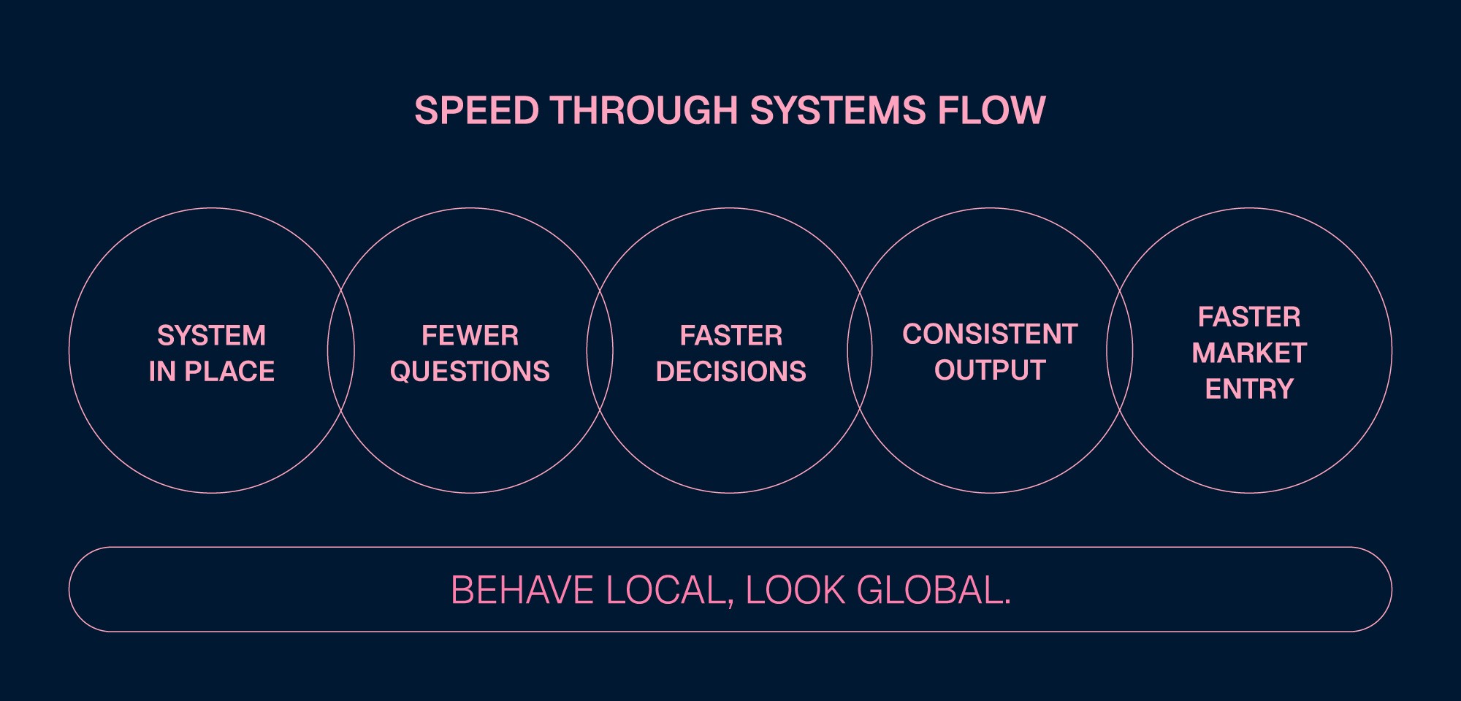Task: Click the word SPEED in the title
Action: coord(476,111)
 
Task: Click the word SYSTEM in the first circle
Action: coord(212,336)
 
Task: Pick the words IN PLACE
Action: coord(212,372)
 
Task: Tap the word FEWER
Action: coord(470,336)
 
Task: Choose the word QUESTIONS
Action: coord(470,372)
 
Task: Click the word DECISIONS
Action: coord(730,372)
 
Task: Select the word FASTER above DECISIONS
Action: coord(730,336)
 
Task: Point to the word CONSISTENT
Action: coord(990,334)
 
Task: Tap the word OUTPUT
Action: coord(990,370)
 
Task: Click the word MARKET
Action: coord(1249,353)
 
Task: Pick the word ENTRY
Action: coord(1249,389)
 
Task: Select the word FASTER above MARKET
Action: coord(1249,317)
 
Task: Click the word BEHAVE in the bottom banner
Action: coord(522,590)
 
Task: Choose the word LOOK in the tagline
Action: coord(795,590)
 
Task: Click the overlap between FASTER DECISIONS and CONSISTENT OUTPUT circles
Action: coord(860,350)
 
